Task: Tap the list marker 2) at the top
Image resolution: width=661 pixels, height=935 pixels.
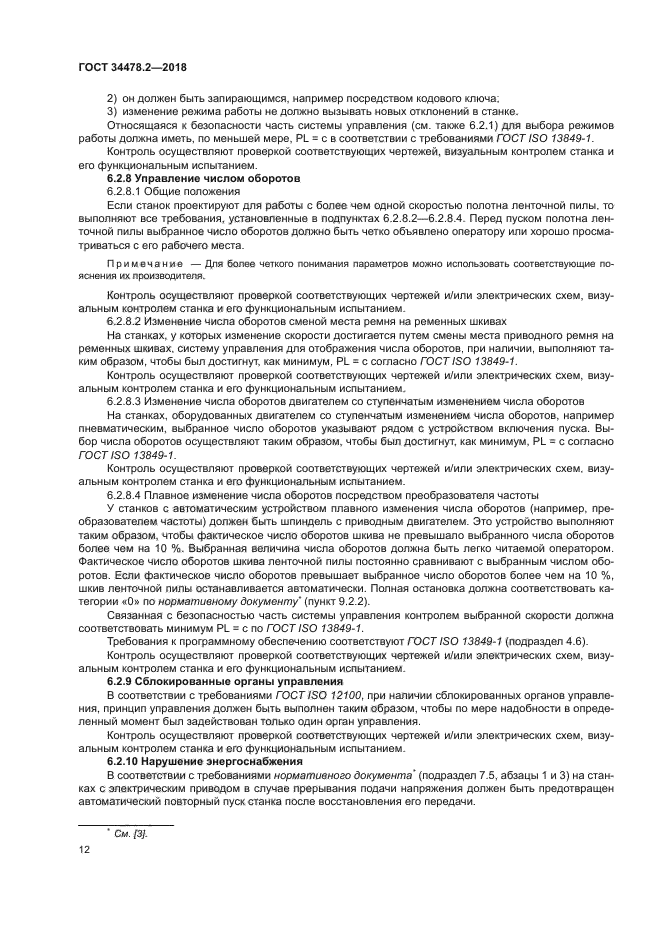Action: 112,97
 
